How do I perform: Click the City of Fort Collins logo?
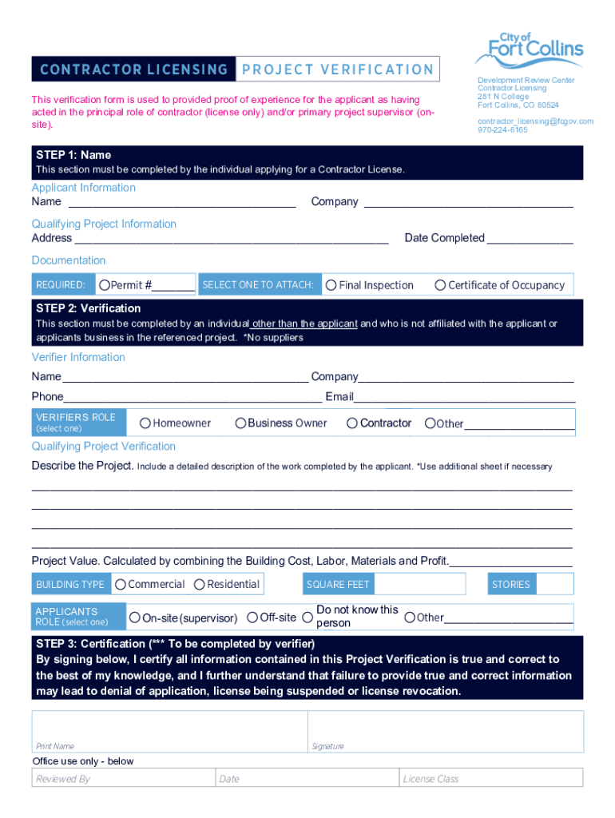[529, 49]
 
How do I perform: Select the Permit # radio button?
[104, 285]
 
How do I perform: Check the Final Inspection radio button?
[331, 285]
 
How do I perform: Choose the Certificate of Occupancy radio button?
[440, 285]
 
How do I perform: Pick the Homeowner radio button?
[145, 423]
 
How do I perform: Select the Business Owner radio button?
[240, 423]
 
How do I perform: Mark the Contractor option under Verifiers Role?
[352, 423]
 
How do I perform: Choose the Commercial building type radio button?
[121, 585]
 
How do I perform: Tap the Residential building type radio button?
[200, 585]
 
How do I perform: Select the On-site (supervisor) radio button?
[135, 617]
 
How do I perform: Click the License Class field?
[490, 778]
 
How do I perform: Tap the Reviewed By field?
[123, 778]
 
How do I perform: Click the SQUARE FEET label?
[338, 585]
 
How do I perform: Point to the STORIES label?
[511, 585]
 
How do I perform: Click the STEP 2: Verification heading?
[88, 308]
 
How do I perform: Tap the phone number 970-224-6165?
[502, 129]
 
